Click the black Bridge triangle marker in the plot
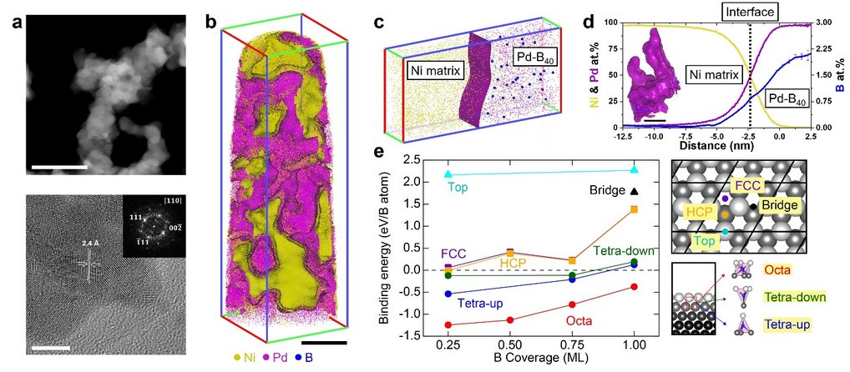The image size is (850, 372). [x=634, y=192]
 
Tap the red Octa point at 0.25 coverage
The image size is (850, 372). [x=448, y=324]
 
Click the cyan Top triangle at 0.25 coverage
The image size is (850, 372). [x=448, y=174]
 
